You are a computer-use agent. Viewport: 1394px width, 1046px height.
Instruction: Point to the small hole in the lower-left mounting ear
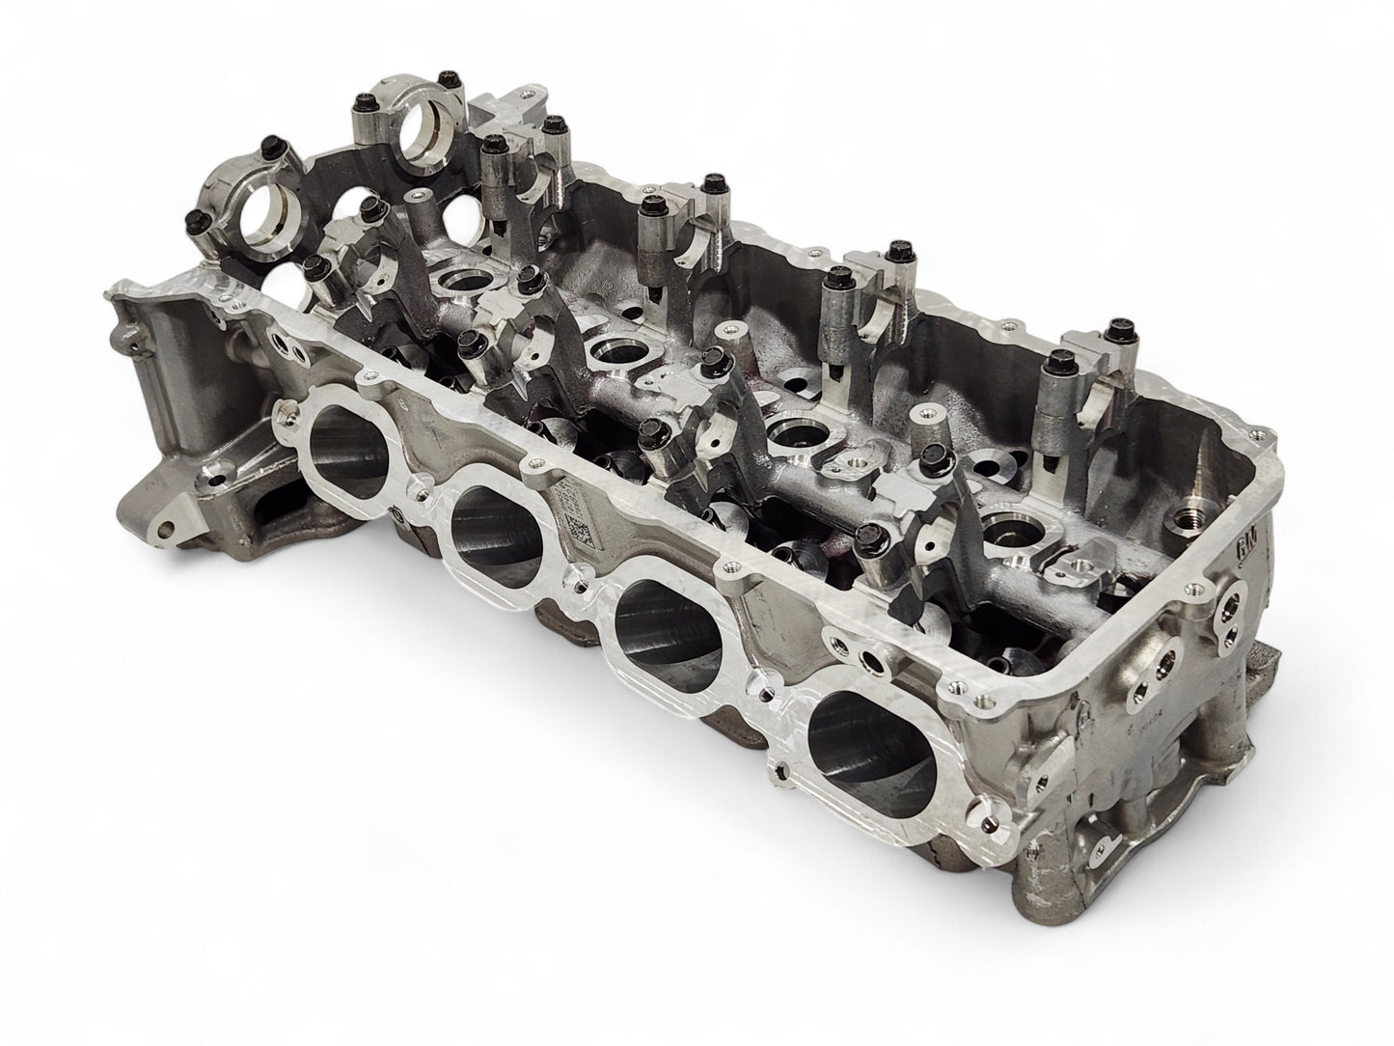pos(174,528)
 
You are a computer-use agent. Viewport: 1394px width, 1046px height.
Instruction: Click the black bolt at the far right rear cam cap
pos(1119,325)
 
